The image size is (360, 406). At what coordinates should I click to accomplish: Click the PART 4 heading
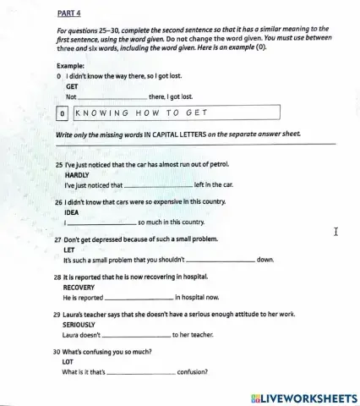point(68,14)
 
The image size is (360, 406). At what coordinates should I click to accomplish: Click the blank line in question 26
point(101,223)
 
